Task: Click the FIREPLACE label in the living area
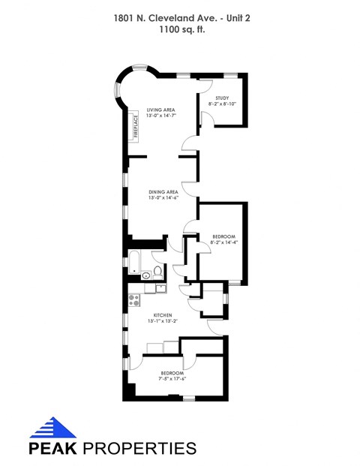click(135, 126)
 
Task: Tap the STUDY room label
click(221, 98)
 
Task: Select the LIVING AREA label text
click(160, 109)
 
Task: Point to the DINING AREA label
click(162, 191)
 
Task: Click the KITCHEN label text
click(163, 315)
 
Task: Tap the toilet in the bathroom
click(158, 271)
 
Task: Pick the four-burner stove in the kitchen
click(135, 300)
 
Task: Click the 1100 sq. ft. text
click(180, 31)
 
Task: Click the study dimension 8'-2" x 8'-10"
click(221, 104)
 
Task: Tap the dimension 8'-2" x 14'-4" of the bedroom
click(223, 242)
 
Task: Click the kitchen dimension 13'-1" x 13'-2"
click(163, 322)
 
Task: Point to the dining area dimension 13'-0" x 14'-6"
click(162, 198)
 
